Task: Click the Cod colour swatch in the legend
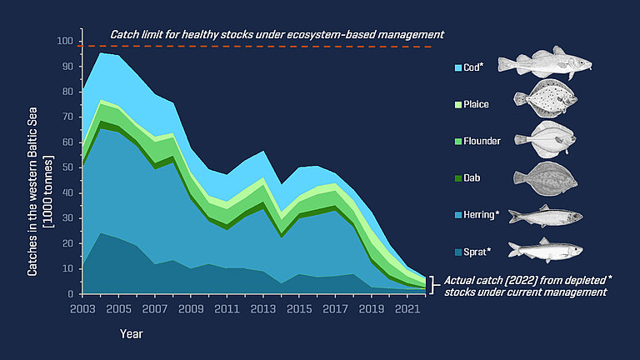coord(458,67)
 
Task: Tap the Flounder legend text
coord(482,141)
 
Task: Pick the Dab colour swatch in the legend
coord(458,177)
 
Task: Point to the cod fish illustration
coord(544,65)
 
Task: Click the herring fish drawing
coord(544,215)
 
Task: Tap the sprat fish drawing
coord(544,249)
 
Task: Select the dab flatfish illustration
coord(544,177)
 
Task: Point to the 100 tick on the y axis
coord(64,41)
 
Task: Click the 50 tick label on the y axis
coord(67,167)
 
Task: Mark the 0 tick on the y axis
coord(70,294)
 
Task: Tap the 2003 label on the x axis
coord(82,309)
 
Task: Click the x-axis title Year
coord(131,334)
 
